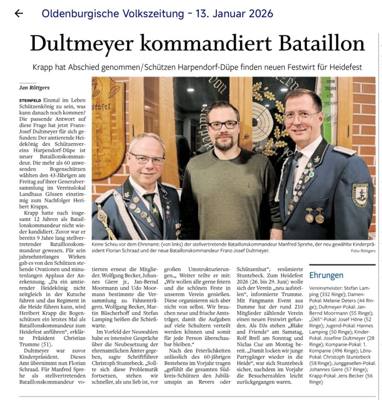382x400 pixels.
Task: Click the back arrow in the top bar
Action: click(18, 14)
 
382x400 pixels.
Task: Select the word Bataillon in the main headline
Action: click(314, 43)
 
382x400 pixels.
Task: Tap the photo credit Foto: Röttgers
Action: click(363, 251)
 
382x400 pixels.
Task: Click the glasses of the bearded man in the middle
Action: click(222, 125)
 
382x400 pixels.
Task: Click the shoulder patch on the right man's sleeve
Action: click(360, 195)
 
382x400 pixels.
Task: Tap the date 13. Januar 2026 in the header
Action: click(234, 14)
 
